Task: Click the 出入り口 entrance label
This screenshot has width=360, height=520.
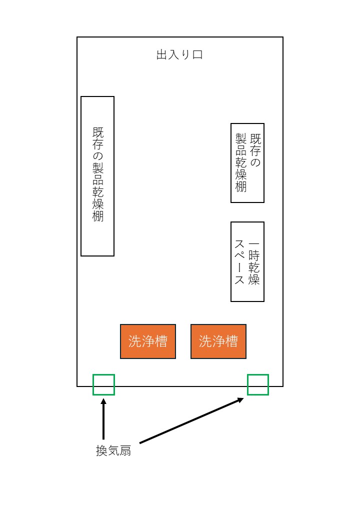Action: [x=179, y=55]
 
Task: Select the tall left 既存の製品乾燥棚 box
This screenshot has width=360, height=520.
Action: [x=97, y=176]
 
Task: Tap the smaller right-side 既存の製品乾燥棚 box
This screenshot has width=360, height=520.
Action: [x=247, y=162]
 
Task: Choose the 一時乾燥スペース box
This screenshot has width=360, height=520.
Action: [x=247, y=261]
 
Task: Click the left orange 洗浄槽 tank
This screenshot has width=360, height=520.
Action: [x=148, y=341]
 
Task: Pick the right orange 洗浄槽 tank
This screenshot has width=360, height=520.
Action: [x=218, y=341]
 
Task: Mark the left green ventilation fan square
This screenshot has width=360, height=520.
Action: [x=103, y=384]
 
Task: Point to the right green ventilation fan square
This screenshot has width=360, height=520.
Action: [x=258, y=384]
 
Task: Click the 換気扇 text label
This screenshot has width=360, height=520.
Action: [x=113, y=450]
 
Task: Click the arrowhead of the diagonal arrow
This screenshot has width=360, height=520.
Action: [x=241, y=399]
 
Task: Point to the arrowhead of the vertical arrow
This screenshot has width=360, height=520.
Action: [x=103, y=400]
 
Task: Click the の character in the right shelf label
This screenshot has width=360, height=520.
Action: [x=255, y=162]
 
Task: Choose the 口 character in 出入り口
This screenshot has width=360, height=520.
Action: [x=197, y=55]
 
